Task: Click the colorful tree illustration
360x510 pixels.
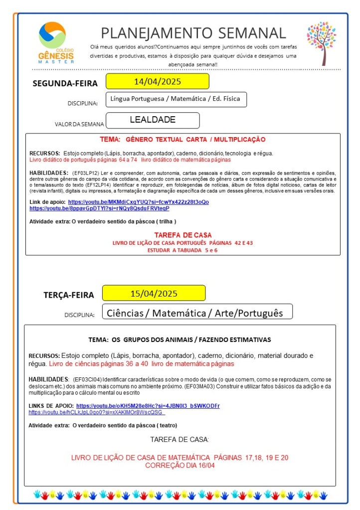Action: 322,42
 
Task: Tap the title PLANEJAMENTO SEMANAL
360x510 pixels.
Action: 193,33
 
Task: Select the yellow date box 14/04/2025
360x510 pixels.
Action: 157,81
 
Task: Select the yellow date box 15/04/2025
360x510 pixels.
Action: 154,293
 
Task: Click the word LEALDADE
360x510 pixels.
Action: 153,120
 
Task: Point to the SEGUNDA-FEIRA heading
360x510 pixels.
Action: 65,83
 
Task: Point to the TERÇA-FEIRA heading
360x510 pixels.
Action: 68,295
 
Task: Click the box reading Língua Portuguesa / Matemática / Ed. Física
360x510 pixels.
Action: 176,99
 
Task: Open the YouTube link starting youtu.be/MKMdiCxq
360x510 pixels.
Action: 138,202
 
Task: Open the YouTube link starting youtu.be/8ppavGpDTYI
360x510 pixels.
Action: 99,208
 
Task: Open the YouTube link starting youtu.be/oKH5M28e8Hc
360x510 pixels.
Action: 148,406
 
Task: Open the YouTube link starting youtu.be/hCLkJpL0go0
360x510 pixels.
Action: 96,413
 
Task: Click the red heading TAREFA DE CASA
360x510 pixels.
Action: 182,235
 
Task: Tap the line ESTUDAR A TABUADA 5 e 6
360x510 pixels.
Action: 182,250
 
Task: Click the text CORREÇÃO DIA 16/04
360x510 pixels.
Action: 180,465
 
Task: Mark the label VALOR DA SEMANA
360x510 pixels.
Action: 80,124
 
